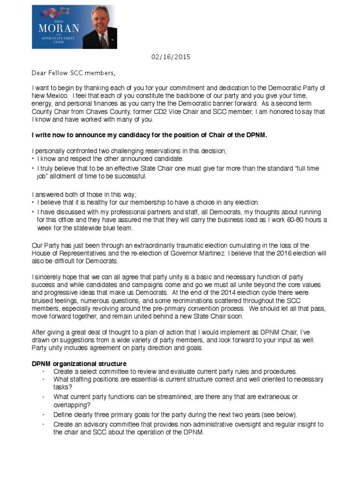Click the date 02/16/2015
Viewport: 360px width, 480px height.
pyautogui.click(x=171, y=57)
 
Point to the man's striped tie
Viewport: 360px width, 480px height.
pyautogui.click(x=104, y=41)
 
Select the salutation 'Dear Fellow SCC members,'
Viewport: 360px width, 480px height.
pyautogui.click(x=73, y=73)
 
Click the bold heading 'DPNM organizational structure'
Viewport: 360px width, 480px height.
pyautogui.click(x=79, y=364)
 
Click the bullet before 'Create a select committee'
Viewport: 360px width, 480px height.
pyautogui.click(x=43, y=371)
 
